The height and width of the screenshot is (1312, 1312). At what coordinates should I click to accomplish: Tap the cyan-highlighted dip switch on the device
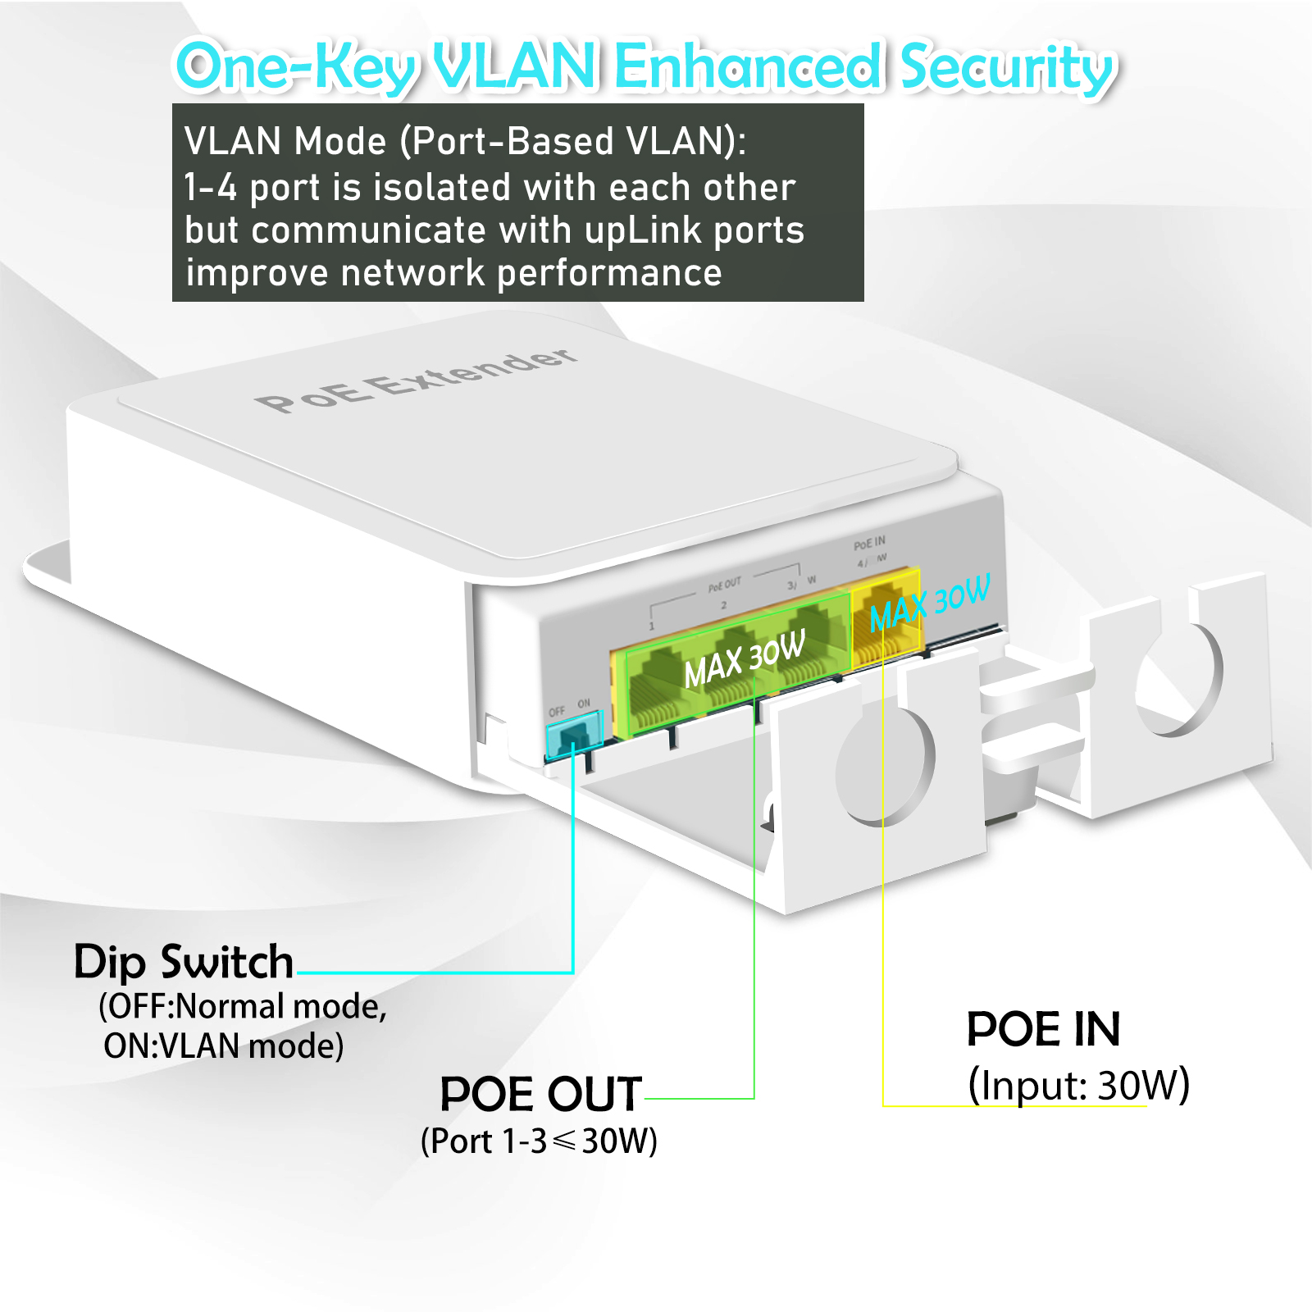[x=574, y=734]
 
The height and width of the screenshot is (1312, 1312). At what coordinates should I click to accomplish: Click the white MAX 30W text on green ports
[x=745, y=659]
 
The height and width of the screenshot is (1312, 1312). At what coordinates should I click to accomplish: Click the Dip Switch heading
[x=184, y=962]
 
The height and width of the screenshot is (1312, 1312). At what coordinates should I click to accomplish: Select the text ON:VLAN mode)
[x=223, y=1046]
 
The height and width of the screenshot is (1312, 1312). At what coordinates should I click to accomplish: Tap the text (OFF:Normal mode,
[x=242, y=1006]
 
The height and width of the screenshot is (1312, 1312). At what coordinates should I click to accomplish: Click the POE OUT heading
[x=540, y=1094]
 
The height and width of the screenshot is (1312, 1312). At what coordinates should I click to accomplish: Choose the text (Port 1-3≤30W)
[x=539, y=1141]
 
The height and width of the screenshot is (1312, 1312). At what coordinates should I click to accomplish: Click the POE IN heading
[x=1043, y=1029]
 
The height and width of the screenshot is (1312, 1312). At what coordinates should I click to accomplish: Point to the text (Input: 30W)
[x=1078, y=1085]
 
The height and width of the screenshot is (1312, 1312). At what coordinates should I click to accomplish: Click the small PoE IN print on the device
[x=869, y=544]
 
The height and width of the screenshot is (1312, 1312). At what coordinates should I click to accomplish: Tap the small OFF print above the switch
[x=557, y=711]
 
